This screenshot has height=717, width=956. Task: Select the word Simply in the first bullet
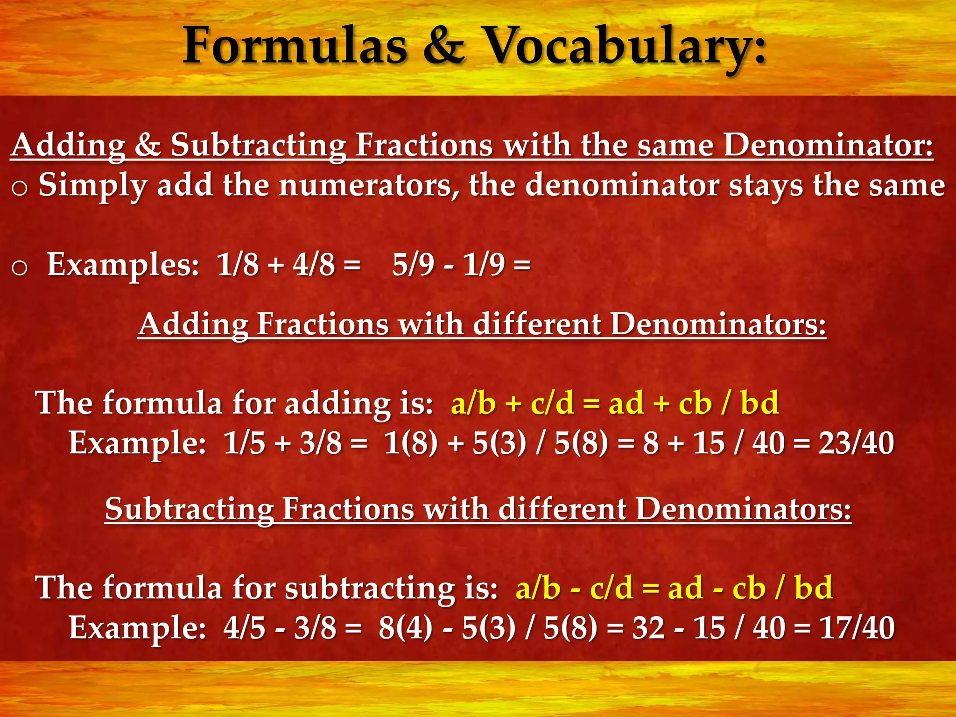92,186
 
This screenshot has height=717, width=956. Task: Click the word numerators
369,186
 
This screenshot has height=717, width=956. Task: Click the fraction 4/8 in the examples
314,265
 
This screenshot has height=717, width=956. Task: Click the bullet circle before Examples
19,268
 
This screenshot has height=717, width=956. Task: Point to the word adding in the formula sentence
337,403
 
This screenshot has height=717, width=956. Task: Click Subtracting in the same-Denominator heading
258,145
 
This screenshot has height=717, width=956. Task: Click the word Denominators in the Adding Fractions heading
718,324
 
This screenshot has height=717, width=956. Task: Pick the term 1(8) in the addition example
411,443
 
